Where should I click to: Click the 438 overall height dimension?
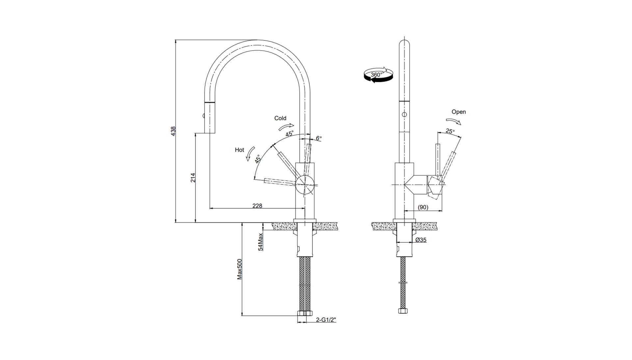pos(173,131)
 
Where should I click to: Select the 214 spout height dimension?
pos(193,178)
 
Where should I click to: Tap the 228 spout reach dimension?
pos(257,206)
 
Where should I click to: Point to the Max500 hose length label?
pos(240,269)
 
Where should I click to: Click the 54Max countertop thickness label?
pos(260,242)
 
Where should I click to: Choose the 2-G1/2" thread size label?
pos(326,320)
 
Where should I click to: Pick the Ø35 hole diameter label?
pos(421,240)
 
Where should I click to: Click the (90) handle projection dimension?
pos(423,207)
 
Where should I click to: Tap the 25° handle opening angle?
pos(450,131)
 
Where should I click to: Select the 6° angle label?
pos(319,138)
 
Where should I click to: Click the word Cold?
pos(280,118)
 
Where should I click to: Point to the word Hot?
pos(239,150)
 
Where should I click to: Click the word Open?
pos(459,112)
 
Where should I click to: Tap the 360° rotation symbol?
pos(378,75)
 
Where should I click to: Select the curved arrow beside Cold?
pos(286,126)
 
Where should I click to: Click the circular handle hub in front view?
pos(305,185)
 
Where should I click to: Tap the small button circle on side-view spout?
pos(404,115)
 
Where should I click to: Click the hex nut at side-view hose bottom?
pos(403,311)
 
